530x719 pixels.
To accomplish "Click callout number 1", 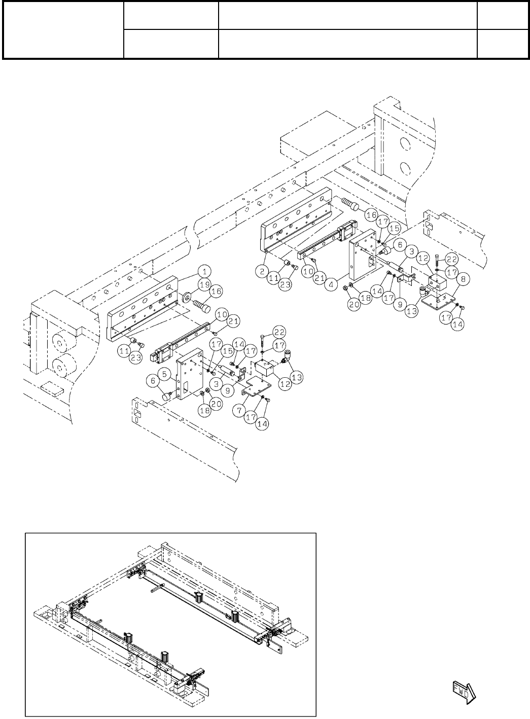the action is (x=205, y=269).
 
